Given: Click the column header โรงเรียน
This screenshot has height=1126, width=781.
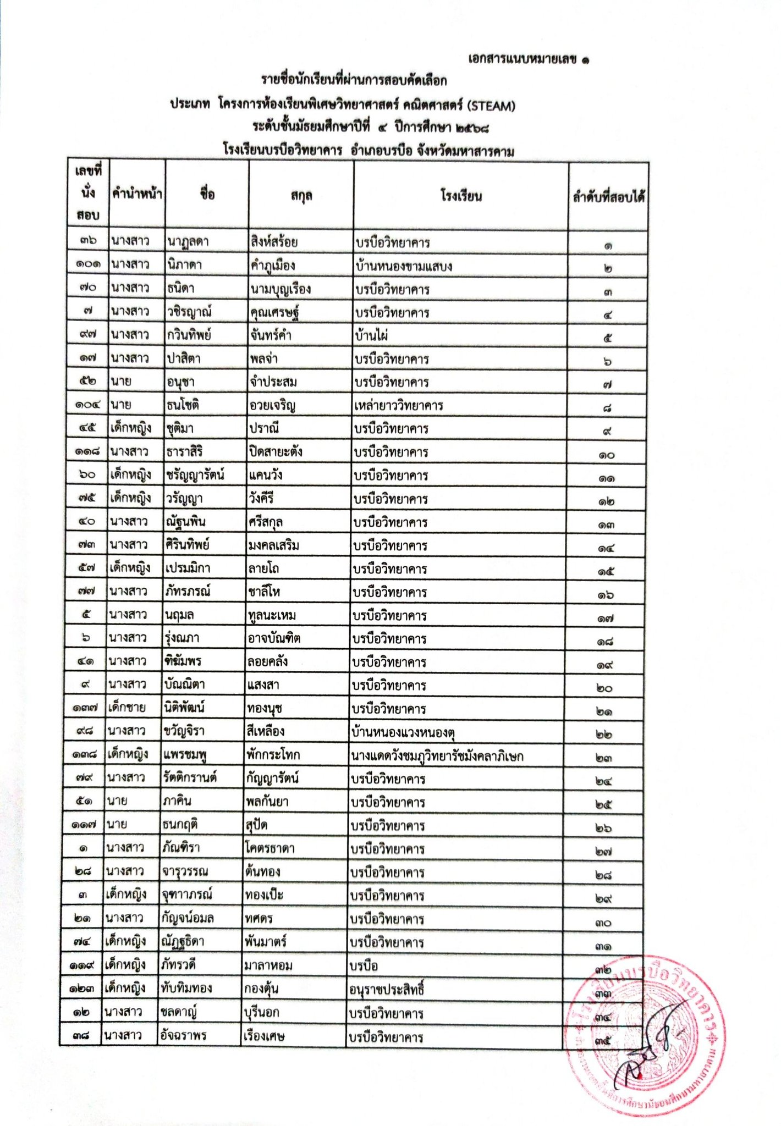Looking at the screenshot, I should pos(461,196).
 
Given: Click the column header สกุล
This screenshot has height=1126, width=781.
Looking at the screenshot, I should pos(301,196).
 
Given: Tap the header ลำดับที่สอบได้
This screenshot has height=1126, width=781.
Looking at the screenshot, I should pos(608,196).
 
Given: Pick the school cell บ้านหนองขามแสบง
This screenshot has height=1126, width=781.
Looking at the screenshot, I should pos(404,266).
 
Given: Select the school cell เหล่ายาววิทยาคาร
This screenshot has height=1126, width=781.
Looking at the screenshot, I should pos(399,405).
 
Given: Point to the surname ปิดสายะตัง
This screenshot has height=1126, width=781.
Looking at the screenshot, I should pos(275,452).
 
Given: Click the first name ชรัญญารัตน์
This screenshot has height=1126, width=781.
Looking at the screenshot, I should pos(195,475).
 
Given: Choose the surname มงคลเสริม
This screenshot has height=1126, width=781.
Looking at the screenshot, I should pos(273,545).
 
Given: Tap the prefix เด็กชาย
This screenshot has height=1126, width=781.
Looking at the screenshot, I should pos(127,708).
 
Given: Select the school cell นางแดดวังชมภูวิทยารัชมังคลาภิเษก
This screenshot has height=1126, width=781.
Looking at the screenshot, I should pos(437,756).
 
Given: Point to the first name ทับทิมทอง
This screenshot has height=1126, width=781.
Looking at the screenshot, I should pos(186,988).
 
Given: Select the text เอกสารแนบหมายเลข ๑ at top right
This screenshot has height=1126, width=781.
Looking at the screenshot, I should pos(527,59).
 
